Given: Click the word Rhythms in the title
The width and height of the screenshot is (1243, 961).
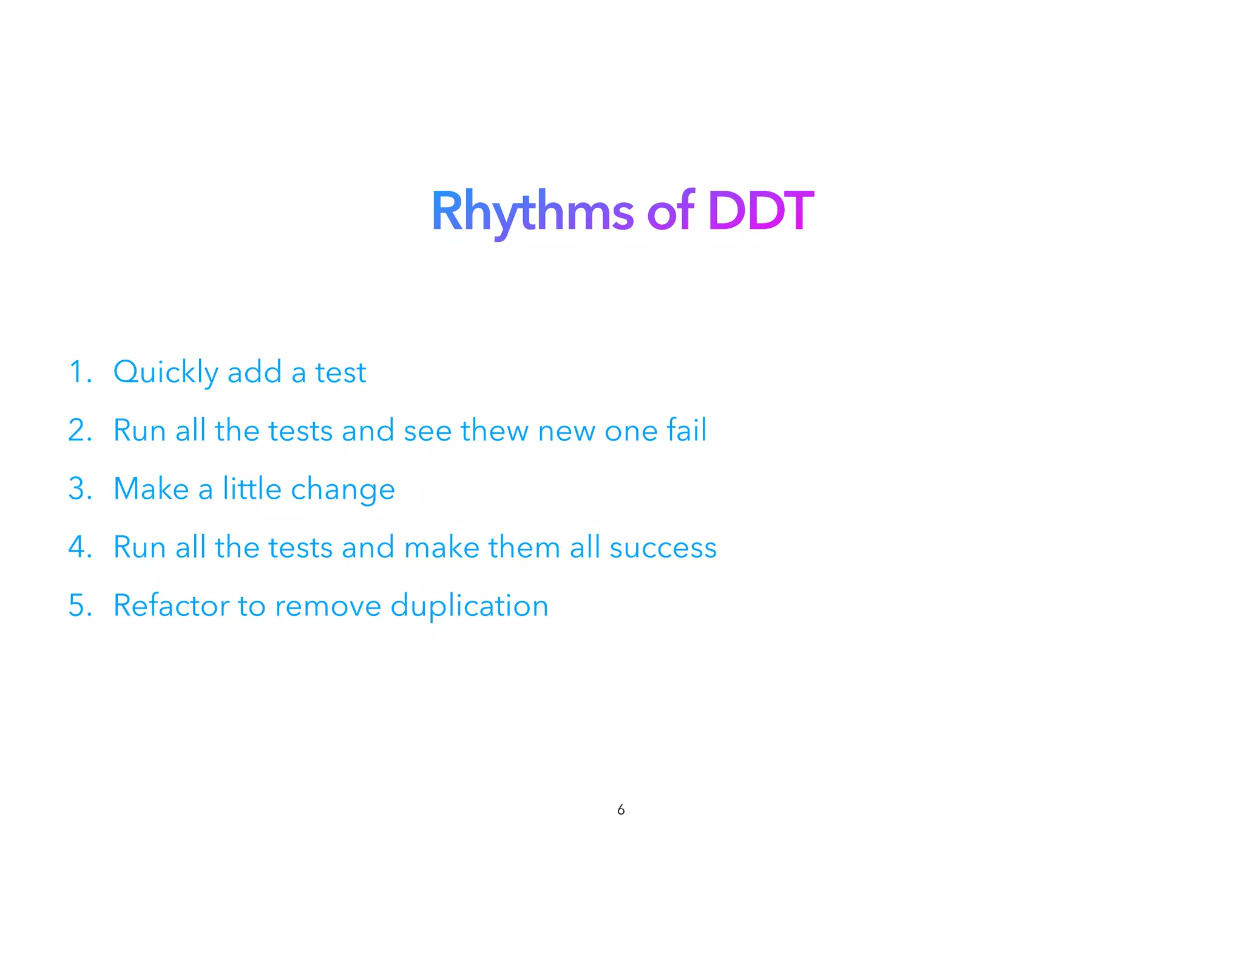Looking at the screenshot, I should tap(532, 211).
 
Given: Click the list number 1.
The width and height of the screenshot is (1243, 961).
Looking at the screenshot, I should tap(80, 372).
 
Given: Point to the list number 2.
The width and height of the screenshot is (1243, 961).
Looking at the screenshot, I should tap(80, 430).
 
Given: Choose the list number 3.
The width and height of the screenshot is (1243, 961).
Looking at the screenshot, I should tap(80, 488).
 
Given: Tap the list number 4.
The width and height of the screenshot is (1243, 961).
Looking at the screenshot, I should tap(80, 547).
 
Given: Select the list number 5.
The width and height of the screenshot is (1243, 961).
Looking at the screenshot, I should tap(80, 605).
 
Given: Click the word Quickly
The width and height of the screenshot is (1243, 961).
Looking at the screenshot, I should tap(165, 372).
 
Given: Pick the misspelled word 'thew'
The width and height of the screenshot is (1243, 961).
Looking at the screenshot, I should tap(494, 430).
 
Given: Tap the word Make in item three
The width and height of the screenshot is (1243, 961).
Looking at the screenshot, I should tap(151, 488).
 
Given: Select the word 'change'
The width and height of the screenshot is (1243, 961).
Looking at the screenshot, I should tap(343, 490).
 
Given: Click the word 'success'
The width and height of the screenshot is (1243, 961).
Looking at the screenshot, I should tap(663, 548).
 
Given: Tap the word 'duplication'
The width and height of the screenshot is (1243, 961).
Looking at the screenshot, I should tap(469, 606).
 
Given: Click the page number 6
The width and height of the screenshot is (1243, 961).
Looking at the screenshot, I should tap(621, 810).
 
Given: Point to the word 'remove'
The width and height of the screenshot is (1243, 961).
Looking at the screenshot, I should tap(328, 606).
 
